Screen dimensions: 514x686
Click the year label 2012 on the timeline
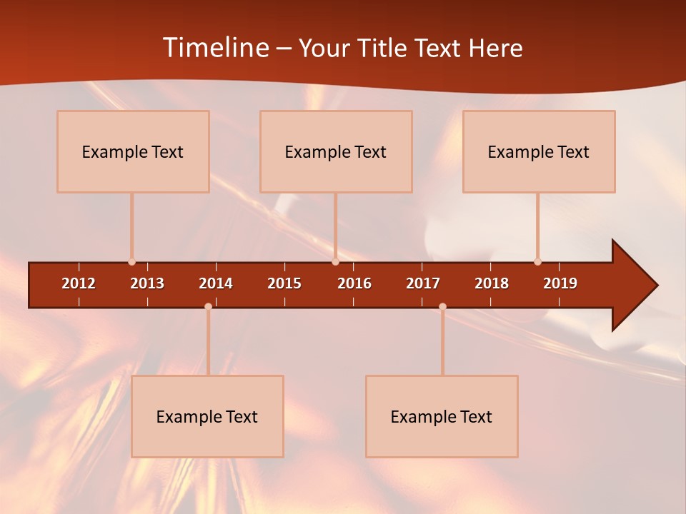79,283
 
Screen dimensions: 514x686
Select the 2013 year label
147,283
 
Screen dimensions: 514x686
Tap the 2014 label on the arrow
216,283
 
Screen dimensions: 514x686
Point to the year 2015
284,283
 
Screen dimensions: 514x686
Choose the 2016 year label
354,283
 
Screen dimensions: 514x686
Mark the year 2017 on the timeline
423,283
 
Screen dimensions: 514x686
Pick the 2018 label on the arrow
492,283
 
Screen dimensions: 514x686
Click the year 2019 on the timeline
560,283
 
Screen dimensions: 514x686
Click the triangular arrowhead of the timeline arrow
633,286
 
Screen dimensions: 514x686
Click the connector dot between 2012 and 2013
132,262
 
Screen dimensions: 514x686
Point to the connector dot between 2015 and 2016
335,262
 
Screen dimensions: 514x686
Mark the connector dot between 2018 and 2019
537,262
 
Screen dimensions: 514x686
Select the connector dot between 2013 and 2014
208,306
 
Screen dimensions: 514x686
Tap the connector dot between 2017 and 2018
442,306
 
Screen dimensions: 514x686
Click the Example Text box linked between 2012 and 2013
133,151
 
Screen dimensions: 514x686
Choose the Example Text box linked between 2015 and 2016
336,151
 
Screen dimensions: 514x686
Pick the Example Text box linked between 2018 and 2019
539,151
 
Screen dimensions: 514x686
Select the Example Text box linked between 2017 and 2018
442,416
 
